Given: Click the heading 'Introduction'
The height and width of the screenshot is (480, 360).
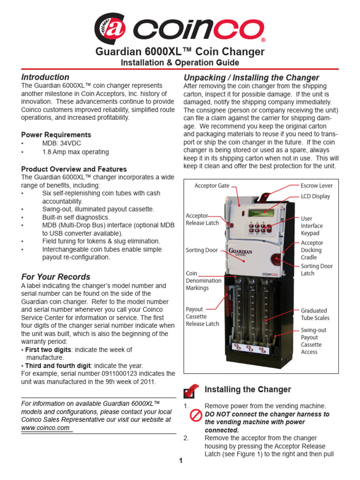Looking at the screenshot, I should (x=45, y=77).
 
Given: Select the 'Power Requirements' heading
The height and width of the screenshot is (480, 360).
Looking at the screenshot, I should (x=56, y=135).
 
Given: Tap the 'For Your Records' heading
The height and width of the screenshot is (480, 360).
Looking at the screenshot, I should (x=56, y=277).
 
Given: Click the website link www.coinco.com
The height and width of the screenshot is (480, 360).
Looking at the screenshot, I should (x=45, y=428).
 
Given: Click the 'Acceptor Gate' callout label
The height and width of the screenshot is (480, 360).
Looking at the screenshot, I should (x=212, y=186).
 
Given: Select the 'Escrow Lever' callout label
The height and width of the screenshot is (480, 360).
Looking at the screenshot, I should (x=316, y=186).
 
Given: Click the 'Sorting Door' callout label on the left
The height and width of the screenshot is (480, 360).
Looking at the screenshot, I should (x=202, y=250).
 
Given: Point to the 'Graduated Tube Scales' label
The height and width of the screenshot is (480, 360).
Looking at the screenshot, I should (x=315, y=314).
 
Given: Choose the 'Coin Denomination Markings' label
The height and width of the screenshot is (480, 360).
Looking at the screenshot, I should (x=203, y=281).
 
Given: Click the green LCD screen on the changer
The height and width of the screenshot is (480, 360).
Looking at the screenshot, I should (x=261, y=212).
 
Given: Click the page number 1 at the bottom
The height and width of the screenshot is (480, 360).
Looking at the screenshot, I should (x=180, y=461).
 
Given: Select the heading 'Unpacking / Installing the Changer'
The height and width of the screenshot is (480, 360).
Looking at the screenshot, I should (x=251, y=78).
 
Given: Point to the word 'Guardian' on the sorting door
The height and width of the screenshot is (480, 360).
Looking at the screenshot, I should (x=241, y=252).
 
